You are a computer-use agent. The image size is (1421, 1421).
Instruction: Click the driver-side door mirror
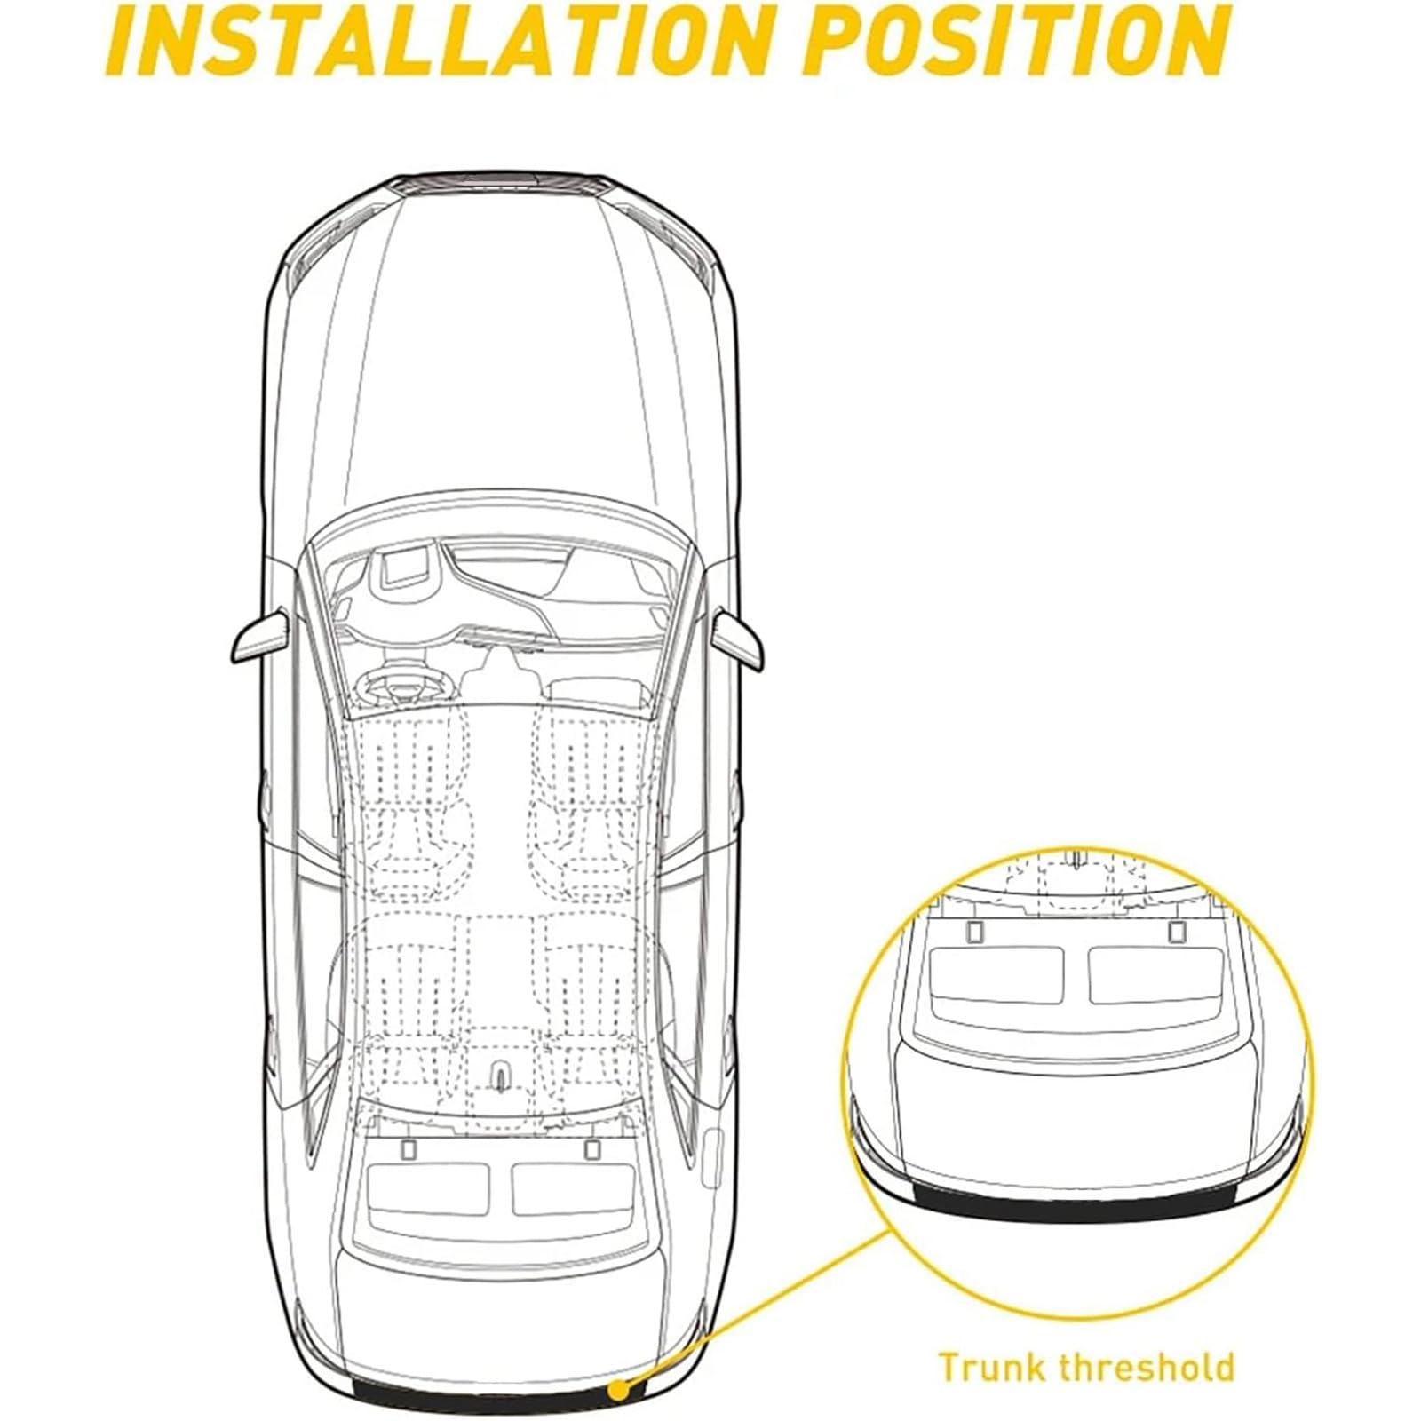click(x=260, y=634)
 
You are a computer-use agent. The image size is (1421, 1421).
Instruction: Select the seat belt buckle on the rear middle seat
click(x=501, y=1076)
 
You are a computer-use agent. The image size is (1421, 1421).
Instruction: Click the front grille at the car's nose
click(x=502, y=183)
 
